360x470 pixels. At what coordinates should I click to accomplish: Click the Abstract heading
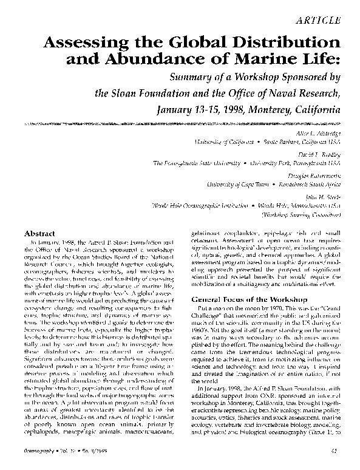(x=39, y=233)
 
